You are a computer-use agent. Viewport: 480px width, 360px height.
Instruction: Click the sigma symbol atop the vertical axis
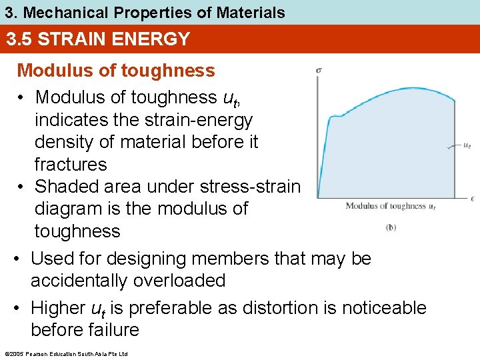pos(319,69)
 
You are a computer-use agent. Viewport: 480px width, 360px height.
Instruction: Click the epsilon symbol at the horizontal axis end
pos(472,198)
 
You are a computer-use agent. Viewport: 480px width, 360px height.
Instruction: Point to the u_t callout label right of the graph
pos(468,146)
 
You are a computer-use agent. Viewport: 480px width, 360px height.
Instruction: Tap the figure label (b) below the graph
pos(391,227)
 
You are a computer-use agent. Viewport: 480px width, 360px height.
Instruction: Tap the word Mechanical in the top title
pos(61,12)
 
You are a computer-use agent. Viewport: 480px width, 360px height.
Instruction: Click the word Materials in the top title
pos(251,12)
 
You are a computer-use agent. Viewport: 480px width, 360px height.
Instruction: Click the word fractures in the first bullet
pos(71,165)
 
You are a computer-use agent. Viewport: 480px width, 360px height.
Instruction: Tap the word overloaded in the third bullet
pos(179,281)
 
